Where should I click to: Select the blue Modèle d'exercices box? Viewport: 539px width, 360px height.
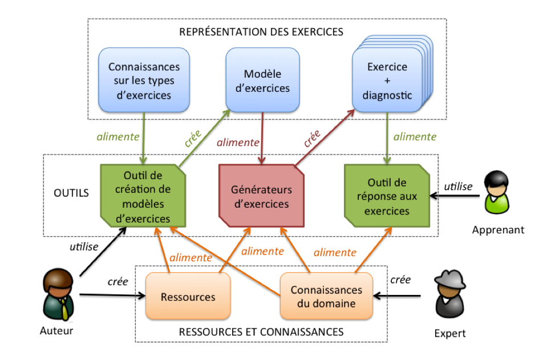click(x=262, y=80)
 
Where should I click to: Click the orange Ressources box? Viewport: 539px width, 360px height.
click(x=188, y=297)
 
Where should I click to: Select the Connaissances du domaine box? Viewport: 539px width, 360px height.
click(x=326, y=297)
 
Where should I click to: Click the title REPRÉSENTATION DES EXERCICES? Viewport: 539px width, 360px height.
click(x=261, y=31)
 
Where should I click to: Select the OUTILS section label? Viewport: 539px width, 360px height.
click(x=71, y=193)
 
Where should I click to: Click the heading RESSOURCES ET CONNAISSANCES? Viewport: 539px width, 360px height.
click(x=261, y=331)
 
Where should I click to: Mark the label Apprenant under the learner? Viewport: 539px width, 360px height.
click(x=498, y=230)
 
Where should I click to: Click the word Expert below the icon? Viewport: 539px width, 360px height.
click(x=449, y=333)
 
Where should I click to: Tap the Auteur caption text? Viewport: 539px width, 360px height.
click(x=57, y=331)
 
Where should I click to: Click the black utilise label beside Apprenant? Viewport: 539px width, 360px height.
click(x=458, y=187)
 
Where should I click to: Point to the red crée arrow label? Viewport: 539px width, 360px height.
click(x=312, y=141)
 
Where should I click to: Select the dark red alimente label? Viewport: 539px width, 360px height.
click(x=237, y=142)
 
